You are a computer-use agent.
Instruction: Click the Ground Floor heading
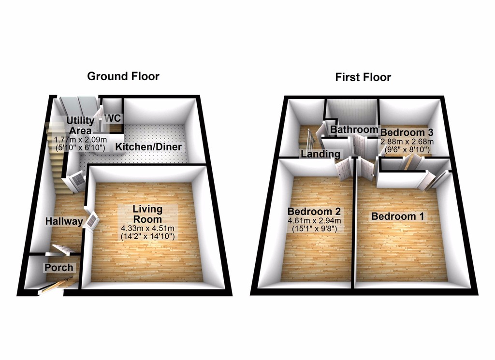123,76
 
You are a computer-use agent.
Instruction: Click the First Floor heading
363,77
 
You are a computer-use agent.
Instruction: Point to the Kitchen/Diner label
148,147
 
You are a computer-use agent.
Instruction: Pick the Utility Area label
80,126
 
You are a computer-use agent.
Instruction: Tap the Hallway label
64,221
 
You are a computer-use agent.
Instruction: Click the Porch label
59,267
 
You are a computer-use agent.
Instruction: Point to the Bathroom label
354,130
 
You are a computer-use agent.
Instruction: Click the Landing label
320,154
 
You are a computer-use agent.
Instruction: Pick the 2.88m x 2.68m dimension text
407,142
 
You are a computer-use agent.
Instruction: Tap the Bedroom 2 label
314,211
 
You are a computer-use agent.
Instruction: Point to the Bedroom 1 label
398,216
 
